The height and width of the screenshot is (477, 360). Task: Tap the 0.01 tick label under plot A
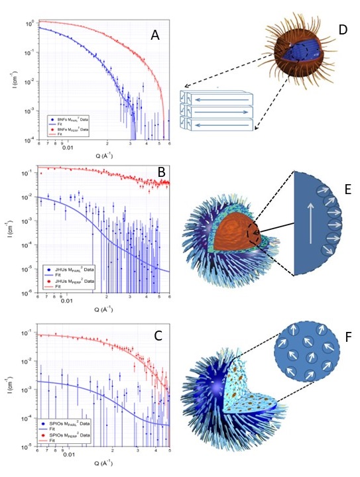(68, 148)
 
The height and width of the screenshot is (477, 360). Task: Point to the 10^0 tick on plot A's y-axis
(29, 23)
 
